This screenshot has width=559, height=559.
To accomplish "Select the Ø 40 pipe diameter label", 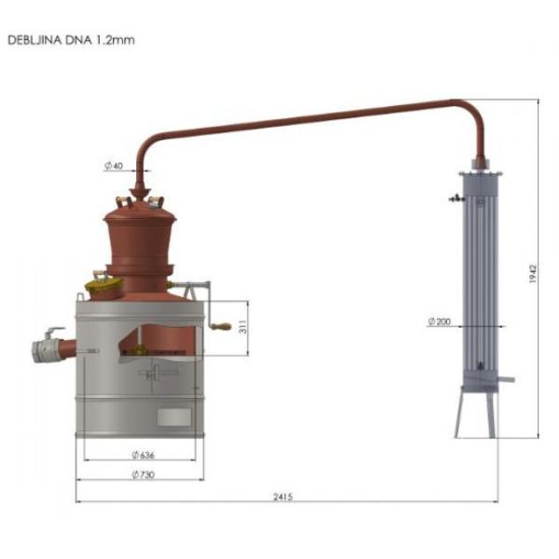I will (114, 166).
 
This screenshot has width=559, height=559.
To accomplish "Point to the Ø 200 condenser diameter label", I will (440, 321).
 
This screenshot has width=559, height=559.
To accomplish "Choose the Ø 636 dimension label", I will (142, 455).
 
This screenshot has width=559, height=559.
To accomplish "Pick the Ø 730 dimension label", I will (142, 475).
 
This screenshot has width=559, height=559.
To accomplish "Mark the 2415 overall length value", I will (283, 497).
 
